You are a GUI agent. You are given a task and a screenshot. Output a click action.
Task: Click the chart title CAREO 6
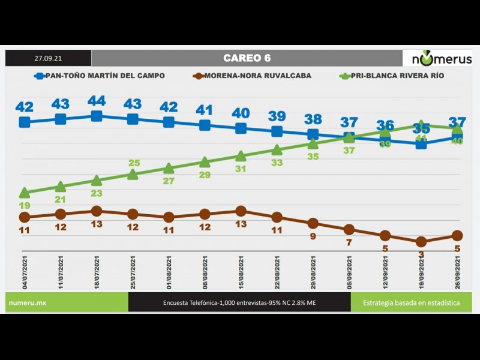coord(247,58)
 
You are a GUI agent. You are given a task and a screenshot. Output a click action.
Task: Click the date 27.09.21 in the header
coord(48,58)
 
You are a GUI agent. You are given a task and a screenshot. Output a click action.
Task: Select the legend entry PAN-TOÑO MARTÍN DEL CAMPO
coord(100,76)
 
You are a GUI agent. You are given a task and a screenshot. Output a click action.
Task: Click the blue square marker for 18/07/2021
coord(97,116)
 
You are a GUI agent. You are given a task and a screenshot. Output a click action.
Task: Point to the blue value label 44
coord(97,101)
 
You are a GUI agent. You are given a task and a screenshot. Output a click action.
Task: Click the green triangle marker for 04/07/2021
coord(25,193)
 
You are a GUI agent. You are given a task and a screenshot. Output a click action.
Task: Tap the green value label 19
coord(25,205)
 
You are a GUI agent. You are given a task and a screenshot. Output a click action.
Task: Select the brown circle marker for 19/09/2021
coord(421,241)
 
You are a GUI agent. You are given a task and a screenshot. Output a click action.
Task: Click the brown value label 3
coord(421,254)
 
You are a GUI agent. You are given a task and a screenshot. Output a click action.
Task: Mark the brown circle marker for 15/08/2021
coord(241,211)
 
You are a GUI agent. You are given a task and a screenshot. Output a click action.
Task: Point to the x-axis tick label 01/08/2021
coord(169,273)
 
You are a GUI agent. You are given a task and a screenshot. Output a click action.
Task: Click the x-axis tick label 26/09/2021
coord(457,273)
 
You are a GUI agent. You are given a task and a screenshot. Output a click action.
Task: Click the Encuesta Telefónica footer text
coord(239,303)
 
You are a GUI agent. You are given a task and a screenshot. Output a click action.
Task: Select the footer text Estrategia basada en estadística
coord(411,303)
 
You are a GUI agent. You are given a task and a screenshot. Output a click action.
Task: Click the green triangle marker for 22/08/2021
coord(277,149)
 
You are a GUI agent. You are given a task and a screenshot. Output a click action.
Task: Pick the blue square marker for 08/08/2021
coord(205,125)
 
